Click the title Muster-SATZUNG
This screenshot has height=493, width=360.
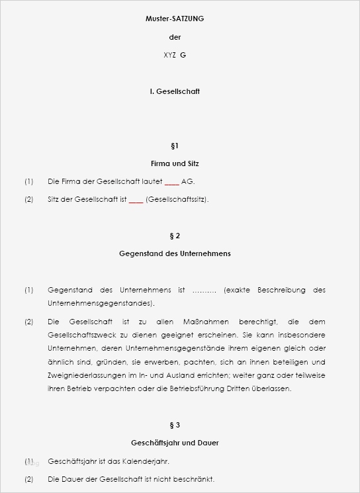click(175, 19)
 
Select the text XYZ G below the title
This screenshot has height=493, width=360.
click(175, 56)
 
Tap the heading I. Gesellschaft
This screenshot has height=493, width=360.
click(175, 91)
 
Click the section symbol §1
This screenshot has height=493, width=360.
click(175, 145)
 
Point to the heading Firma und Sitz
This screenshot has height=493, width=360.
click(175, 163)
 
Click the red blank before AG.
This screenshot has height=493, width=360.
click(171, 181)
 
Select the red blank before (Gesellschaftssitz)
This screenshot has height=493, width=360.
click(136, 199)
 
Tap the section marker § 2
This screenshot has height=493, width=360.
click(175, 236)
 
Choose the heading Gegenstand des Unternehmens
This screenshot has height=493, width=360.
click(175, 253)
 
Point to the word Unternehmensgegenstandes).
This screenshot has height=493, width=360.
click(101, 303)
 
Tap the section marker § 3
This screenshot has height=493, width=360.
click(175, 425)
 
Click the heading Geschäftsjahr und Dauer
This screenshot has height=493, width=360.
click(175, 443)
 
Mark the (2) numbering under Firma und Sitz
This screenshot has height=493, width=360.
click(28, 199)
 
